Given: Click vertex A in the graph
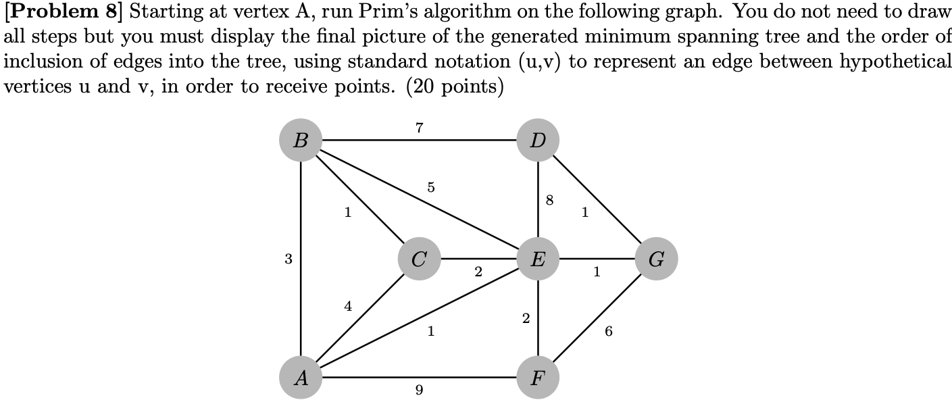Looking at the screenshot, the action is click(300, 377).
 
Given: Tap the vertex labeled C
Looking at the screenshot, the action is click(419, 259).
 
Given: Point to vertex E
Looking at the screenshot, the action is click(538, 259).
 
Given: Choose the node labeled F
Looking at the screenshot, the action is click(538, 377).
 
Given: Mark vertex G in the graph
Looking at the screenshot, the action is click(656, 259).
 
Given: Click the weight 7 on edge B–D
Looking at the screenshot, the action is click(419, 127).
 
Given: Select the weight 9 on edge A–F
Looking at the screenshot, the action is click(419, 390).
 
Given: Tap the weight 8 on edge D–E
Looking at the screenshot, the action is click(549, 200).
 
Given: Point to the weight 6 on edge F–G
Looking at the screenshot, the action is click(609, 331).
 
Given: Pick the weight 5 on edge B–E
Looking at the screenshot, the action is click(431, 186).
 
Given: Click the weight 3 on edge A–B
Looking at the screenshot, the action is click(289, 259).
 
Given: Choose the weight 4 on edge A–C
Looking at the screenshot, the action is click(347, 306).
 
